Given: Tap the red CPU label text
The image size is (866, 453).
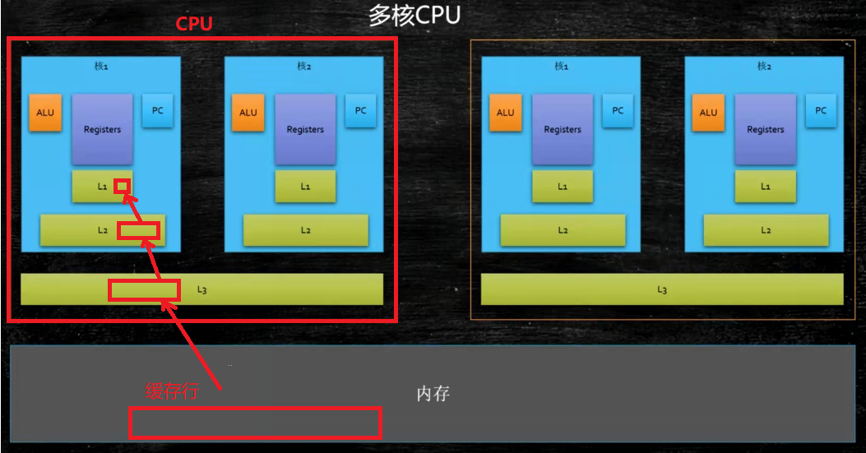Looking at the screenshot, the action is coord(195,24).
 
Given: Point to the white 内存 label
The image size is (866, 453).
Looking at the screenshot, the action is coord(433,394).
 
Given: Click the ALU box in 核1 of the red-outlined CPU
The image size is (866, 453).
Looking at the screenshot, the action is coord(45,113).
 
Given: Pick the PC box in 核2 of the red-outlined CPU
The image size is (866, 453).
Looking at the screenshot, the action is coord(361,111).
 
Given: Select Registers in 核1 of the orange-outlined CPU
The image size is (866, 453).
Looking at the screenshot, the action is coord(563,129).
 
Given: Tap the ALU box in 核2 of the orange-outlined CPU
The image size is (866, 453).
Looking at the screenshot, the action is coord(708,113).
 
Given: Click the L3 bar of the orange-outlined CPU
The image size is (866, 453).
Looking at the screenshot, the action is coord(662,289).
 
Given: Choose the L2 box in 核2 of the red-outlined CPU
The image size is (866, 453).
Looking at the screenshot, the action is coord(306,230).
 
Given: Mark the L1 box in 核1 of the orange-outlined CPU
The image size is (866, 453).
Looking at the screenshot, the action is coord(563,187).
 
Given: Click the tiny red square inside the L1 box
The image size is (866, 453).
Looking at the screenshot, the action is coord(122,185).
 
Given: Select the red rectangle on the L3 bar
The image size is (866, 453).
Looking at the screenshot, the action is coord(144,289).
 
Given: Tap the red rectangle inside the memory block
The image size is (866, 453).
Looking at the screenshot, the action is coord(255,423).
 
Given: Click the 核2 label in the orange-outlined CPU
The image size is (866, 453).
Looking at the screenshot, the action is coord(764,67).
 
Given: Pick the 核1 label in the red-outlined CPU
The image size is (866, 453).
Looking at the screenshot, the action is coord(102,67).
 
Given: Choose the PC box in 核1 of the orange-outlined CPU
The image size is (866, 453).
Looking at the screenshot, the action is coord(618,111).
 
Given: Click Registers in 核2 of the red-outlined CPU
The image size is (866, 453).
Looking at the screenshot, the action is coord(305,129).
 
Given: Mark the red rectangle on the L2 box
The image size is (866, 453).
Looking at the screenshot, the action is coord(137,230).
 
